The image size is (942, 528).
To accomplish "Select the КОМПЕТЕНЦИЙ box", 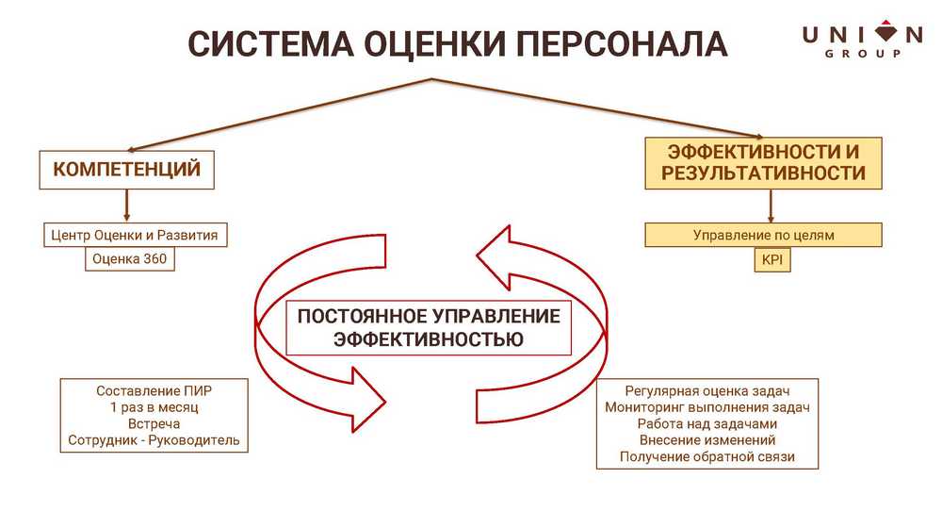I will (x=127, y=170).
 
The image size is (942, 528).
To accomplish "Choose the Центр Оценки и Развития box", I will (x=137, y=235).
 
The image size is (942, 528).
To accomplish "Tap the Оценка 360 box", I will (x=130, y=259).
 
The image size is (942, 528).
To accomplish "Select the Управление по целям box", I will (x=764, y=235).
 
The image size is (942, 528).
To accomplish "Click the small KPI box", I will (x=771, y=260).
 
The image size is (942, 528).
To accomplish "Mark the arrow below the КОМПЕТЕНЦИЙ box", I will (x=127, y=206).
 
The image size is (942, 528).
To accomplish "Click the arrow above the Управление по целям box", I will (x=771, y=206).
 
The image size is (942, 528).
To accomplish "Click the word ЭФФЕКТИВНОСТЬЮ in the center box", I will (x=429, y=339).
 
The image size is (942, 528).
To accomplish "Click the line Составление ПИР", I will (x=154, y=390).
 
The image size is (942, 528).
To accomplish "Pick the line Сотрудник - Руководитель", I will (x=154, y=440).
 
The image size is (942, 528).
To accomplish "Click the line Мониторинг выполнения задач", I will (x=707, y=407).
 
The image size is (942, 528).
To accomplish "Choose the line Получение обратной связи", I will (x=707, y=457).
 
